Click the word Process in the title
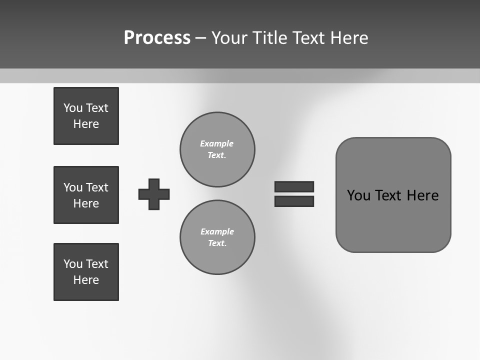(x=157, y=38)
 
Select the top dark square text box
(x=86, y=116)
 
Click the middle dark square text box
(x=86, y=195)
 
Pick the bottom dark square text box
(x=86, y=272)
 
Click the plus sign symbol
(x=154, y=194)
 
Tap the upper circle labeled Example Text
(x=217, y=149)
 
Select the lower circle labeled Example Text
(x=217, y=237)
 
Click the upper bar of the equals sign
(x=294, y=187)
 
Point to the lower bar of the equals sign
(x=294, y=201)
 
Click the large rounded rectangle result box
(x=393, y=220)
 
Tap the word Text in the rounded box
(x=388, y=195)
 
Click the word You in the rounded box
(x=358, y=195)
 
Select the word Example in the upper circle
(x=217, y=143)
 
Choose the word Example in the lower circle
(x=217, y=231)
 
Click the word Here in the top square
(x=86, y=124)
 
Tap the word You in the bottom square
(x=73, y=264)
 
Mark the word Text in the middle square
(x=97, y=187)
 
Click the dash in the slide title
(x=201, y=38)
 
